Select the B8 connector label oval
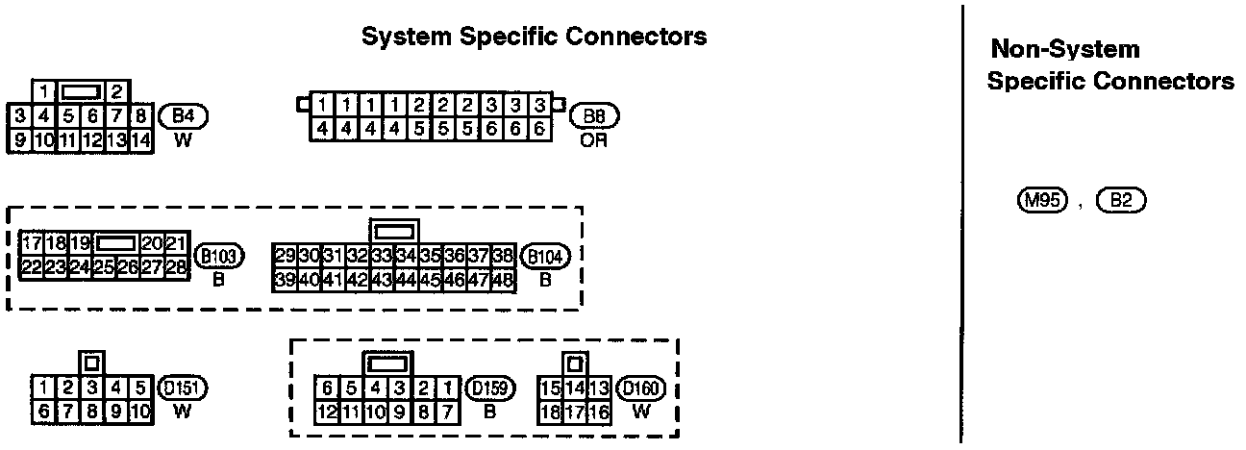tap(594, 117)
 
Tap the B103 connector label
tap(220, 257)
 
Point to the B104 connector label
tap(544, 257)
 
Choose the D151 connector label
tap(183, 388)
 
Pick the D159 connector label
tap(489, 388)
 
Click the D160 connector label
tap(641, 388)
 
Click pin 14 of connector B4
tap(140, 139)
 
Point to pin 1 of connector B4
tap(44, 93)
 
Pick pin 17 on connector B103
tap(32, 243)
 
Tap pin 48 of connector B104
tap(502, 280)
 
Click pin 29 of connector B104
tap(285, 257)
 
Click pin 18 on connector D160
tap(551, 412)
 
